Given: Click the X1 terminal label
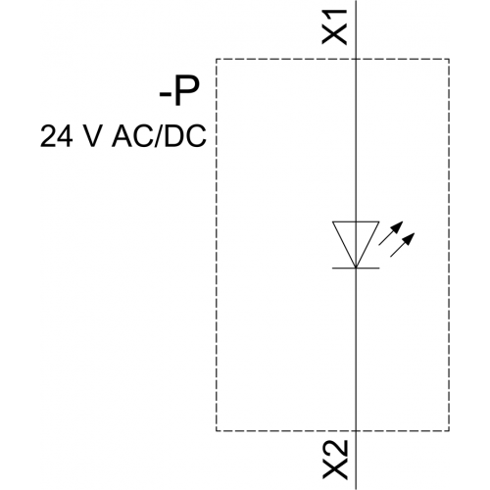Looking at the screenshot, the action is (334, 26).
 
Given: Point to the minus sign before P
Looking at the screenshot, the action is (166, 94).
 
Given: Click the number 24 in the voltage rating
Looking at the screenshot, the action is (56, 136).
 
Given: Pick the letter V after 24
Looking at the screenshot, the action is (89, 136).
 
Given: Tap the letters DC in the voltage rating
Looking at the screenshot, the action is (185, 136).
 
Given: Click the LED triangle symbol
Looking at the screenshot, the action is (356, 244).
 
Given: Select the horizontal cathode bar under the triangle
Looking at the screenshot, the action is (356, 269).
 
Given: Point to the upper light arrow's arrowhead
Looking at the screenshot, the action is (399, 226).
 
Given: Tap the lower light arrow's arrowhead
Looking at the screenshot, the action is (410, 237).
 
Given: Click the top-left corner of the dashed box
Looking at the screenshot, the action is (216, 59).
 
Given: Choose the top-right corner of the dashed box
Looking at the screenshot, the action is (449, 59).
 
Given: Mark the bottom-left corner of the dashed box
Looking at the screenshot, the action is (216, 431).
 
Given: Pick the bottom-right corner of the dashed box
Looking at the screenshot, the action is (449, 431).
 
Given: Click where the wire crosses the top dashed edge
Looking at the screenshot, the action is (356, 59).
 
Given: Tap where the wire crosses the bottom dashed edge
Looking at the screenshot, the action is (356, 431).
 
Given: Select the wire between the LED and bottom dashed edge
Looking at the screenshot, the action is (356, 350).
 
